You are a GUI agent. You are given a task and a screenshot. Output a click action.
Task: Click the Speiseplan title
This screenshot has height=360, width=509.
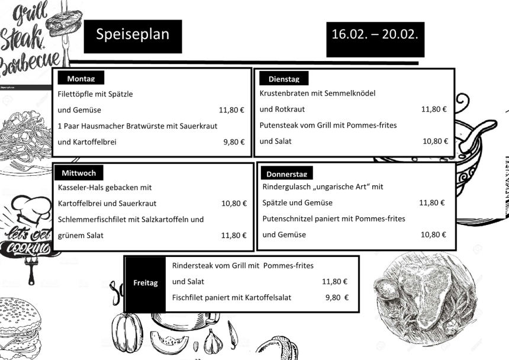pyautogui.click(x=133, y=34)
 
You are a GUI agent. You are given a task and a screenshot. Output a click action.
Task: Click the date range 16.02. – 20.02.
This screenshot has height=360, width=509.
pyautogui.click(x=375, y=34)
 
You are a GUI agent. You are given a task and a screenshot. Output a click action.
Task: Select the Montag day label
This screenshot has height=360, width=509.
pyautogui.click(x=81, y=79)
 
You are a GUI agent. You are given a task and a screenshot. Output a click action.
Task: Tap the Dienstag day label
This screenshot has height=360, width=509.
pyautogui.click(x=284, y=79)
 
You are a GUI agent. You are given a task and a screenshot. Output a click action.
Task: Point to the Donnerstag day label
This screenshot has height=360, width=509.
pyautogui.click(x=286, y=174)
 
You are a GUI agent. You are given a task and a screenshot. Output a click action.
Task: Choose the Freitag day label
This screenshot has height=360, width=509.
pyautogui.click(x=146, y=283)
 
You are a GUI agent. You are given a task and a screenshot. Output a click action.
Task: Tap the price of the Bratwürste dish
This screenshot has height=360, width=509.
pyautogui.click(x=234, y=142)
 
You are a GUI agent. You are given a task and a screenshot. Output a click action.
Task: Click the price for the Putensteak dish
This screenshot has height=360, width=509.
pyautogui.click(x=435, y=141)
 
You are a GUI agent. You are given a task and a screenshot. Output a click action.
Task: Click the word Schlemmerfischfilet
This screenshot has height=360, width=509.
pyautogui.click(x=94, y=219)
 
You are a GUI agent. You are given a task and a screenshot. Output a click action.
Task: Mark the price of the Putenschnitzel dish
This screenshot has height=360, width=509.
pyautogui.click(x=434, y=234)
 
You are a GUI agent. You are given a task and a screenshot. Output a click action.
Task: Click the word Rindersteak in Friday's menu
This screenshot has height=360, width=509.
pyautogui.click(x=194, y=266)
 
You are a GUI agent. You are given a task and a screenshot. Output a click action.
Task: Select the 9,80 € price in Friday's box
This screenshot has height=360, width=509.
pyautogui.click(x=336, y=297)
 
